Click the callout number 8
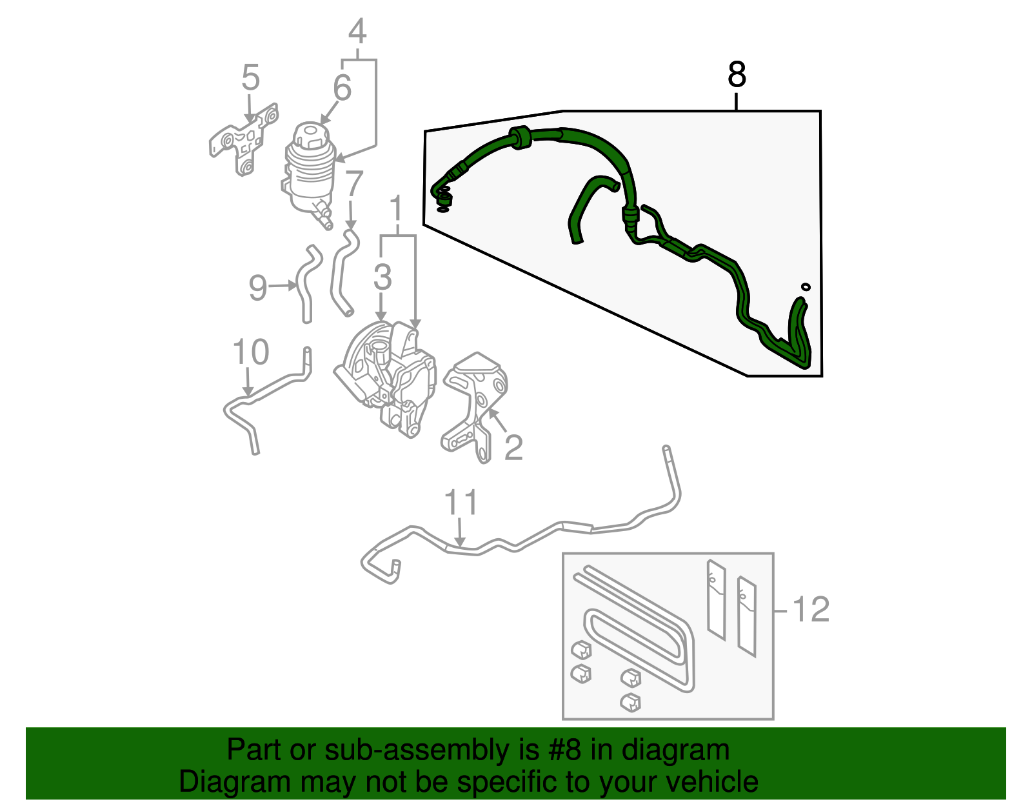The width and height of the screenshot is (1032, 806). [737, 75]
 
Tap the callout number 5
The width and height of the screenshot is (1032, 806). [250, 78]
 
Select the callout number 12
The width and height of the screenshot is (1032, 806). [810, 610]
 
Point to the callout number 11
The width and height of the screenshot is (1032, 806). [461, 503]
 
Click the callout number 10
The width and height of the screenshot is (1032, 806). [250, 352]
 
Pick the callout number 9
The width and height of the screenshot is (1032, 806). [258, 287]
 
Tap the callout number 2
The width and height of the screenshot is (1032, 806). [513, 447]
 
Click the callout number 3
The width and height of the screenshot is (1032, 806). [382, 277]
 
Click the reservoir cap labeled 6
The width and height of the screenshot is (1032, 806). [308, 135]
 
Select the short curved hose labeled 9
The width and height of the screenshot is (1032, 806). [305, 284]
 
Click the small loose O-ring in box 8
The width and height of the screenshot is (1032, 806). [805, 287]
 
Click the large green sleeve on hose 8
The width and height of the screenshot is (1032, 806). [520, 137]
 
